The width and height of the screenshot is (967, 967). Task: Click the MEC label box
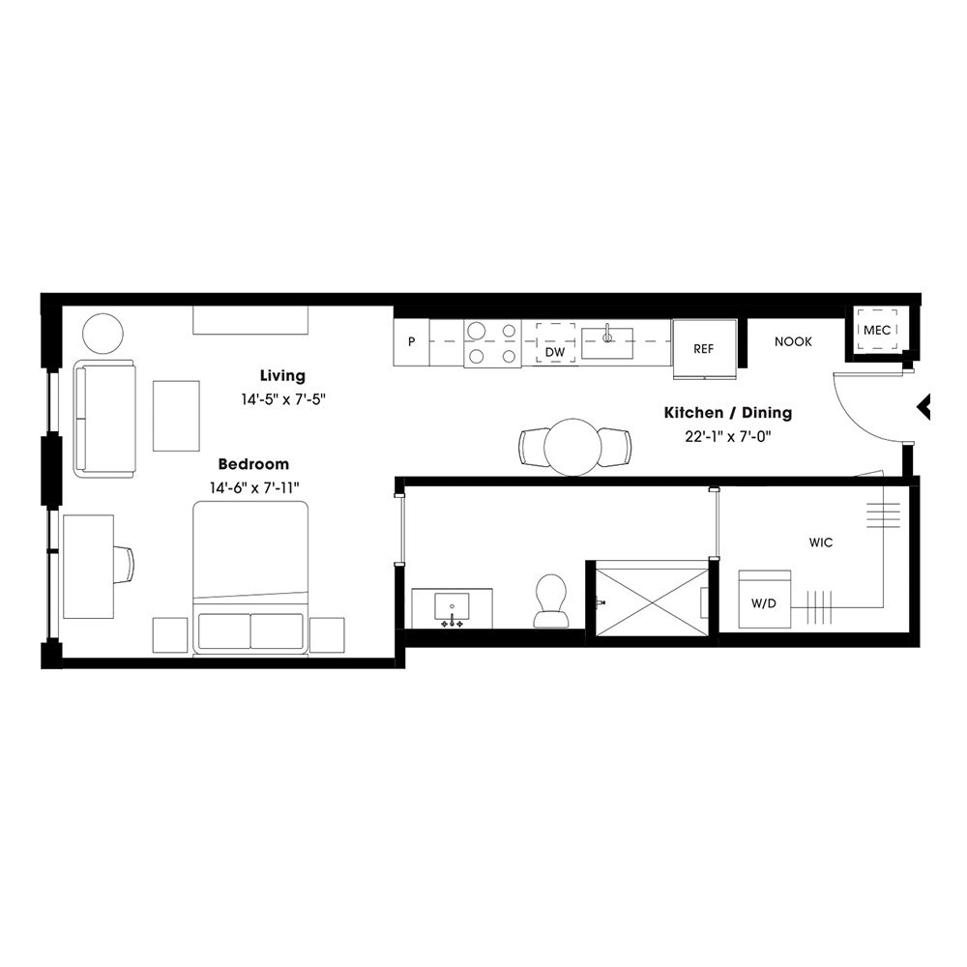(876, 331)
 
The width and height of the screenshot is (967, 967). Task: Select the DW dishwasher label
(555, 352)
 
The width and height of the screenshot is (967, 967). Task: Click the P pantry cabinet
(412, 343)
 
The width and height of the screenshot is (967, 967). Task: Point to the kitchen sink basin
(607, 337)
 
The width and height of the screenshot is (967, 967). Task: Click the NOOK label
(793, 341)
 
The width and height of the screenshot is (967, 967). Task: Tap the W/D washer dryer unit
(765, 601)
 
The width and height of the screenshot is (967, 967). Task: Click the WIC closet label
(820, 542)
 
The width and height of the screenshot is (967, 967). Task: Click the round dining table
(574, 447)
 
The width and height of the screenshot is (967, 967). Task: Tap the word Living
(282, 375)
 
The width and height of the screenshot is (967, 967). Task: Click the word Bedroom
(253, 464)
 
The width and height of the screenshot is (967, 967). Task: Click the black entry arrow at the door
(923, 407)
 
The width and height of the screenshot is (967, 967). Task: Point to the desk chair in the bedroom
(124, 564)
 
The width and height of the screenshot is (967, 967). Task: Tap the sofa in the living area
(104, 419)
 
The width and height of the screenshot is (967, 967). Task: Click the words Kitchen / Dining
(727, 413)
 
